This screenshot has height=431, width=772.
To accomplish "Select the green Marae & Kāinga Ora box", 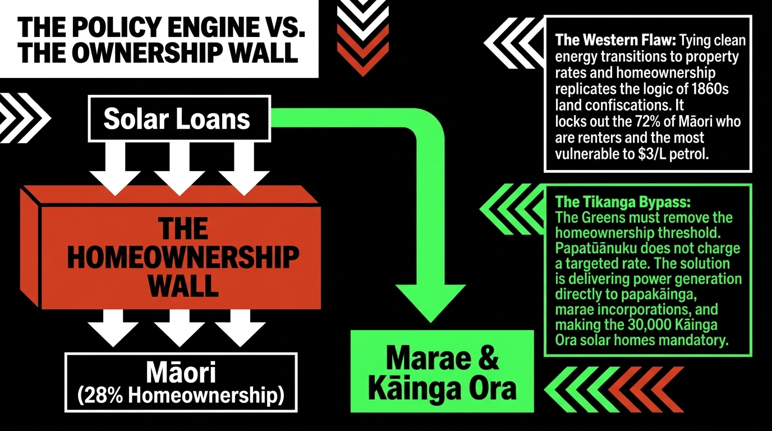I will (442, 371).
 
